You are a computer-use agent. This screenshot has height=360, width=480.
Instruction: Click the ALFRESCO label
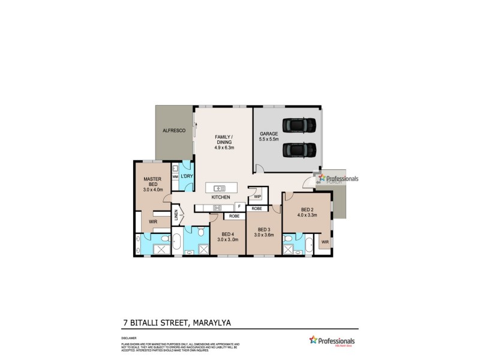click(x=172, y=130)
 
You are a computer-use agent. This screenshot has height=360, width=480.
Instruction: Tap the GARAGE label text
click(x=268, y=133)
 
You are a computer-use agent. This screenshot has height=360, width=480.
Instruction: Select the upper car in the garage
click(x=300, y=125)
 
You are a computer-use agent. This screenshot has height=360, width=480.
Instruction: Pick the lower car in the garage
click(x=300, y=148)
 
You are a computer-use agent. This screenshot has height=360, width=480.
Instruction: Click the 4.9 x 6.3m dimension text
click(x=224, y=148)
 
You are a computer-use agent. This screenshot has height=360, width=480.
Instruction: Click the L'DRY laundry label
click(x=187, y=176)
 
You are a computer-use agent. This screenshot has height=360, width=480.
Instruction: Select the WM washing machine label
click(x=175, y=177)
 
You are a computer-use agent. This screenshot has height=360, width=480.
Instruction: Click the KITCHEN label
click(x=221, y=197)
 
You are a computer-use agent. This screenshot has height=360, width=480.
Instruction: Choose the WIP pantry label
click(x=257, y=196)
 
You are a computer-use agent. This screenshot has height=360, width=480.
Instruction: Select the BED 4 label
click(x=228, y=234)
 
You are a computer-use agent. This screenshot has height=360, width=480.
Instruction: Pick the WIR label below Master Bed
click(x=153, y=221)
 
